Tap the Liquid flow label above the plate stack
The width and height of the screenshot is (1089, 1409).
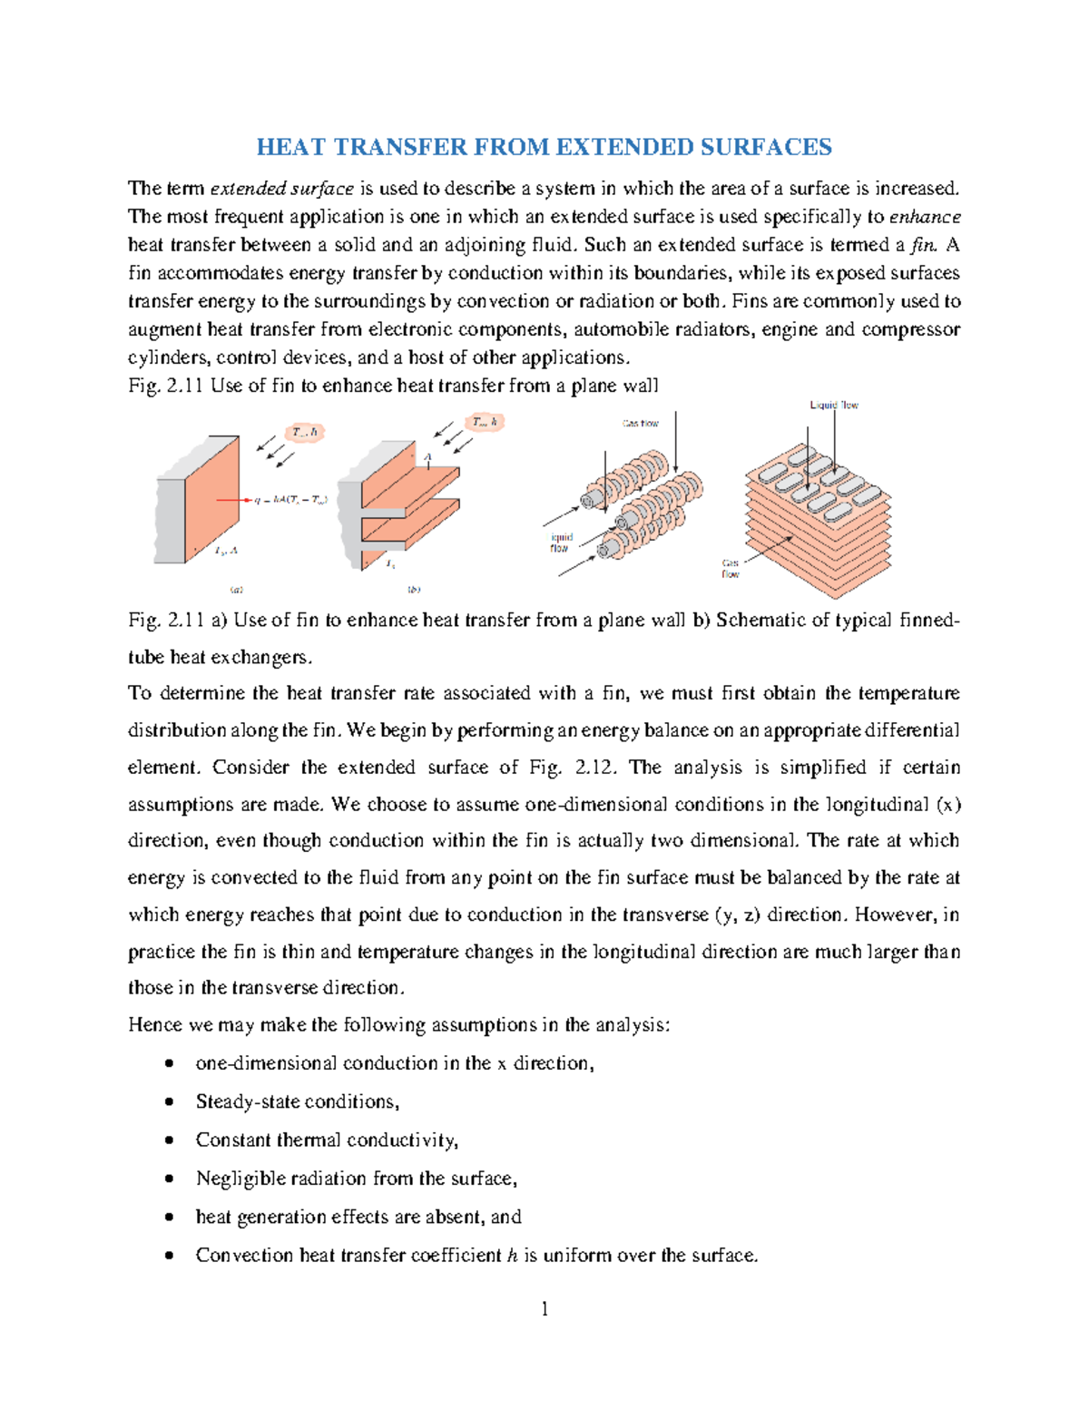[x=833, y=406]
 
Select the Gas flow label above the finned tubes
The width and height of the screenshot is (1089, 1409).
[x=640, y=424]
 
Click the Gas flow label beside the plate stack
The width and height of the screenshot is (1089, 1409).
[x=731, y=569]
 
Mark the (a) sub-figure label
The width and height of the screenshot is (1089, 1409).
[x=237, y=590]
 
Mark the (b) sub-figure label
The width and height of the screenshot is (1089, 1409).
[x=414, y=590]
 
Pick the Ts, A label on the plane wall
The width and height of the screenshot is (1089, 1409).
[x=226, y=551]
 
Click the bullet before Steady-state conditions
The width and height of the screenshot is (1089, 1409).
[x=169, y=1101]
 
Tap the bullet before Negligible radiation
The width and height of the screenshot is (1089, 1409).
[x=169, y=1179]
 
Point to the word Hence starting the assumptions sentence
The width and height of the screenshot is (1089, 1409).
[x=155, y=1025]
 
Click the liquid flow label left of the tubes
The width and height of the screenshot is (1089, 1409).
[x=560, y=543]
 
